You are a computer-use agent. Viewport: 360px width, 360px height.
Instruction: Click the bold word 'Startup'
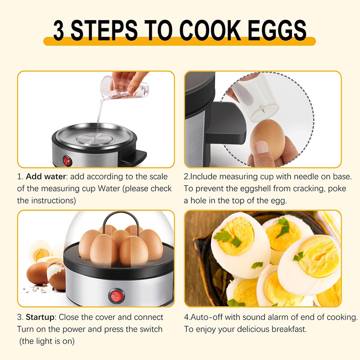[x=40, y=317]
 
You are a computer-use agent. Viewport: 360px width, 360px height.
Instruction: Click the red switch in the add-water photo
[x=67, y=160]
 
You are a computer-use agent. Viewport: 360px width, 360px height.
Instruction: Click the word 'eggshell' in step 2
[x=251, y=189]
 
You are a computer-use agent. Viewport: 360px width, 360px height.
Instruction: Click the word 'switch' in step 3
[x=149, y=329]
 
